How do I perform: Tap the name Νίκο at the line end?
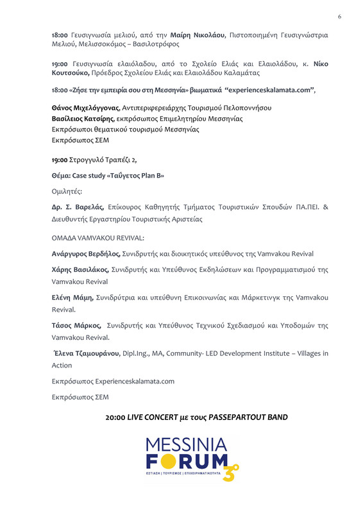[x=317, y=65]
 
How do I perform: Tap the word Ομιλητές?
[x=67, y=190]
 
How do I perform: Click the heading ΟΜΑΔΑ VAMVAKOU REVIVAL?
[x=98, y=237]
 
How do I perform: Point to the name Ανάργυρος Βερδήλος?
[x=86, y=254]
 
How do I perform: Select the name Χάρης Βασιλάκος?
[x=80, y=270]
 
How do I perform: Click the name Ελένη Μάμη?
[x=73, y=298]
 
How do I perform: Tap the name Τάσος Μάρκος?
[x=76, y=325]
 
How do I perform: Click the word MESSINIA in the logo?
[x=186, y=444]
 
